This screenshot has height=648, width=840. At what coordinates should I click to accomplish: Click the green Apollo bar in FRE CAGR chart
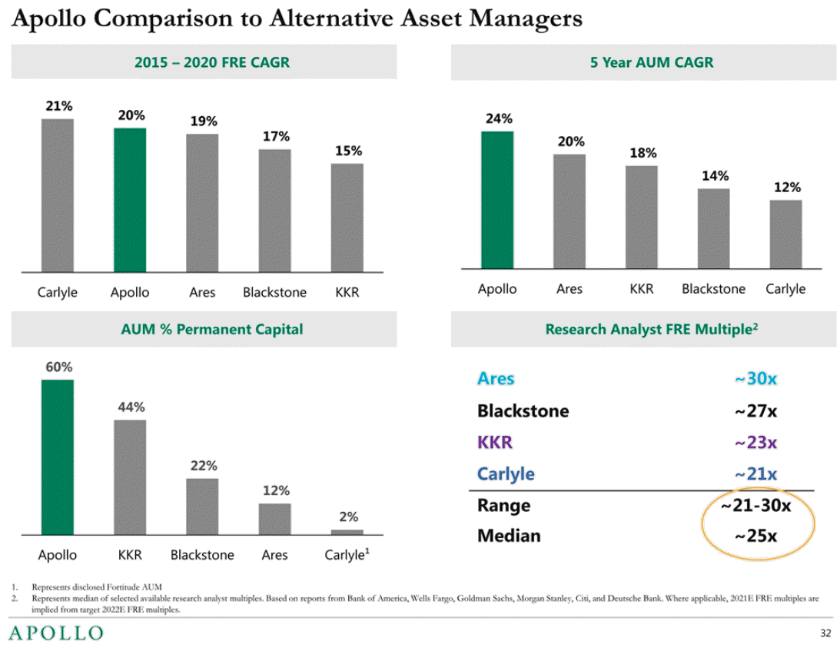coord(130,200)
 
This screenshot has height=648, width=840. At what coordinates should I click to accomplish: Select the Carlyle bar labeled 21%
coord(58,195)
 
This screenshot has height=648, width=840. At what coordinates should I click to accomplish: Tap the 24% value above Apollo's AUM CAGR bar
coord(498,119)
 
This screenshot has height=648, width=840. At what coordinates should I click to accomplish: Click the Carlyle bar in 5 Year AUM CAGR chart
coord(785,234)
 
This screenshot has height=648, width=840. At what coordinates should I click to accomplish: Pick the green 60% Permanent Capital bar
coord(58,457)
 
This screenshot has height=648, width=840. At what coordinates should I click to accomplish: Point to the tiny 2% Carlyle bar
coord(347,531)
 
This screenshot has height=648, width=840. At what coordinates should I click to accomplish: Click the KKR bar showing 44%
coord(130,477)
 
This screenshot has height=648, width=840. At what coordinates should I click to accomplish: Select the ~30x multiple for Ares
coord(755,378)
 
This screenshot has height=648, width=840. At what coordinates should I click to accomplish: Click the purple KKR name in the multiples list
coord(495,442)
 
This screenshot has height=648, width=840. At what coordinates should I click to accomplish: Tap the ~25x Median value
coord(755,536)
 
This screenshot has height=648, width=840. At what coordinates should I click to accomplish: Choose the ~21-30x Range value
coord(755,505)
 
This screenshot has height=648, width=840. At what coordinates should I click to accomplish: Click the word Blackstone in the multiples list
coord(523,410)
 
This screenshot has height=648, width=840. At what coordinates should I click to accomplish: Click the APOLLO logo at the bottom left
coord(55,633)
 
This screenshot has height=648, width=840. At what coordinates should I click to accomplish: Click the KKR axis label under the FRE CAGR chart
coord(347,293)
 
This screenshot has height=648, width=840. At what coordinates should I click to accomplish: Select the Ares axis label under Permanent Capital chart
coord(274,555)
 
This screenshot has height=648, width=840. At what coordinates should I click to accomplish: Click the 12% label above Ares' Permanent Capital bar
coord(275,490)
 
